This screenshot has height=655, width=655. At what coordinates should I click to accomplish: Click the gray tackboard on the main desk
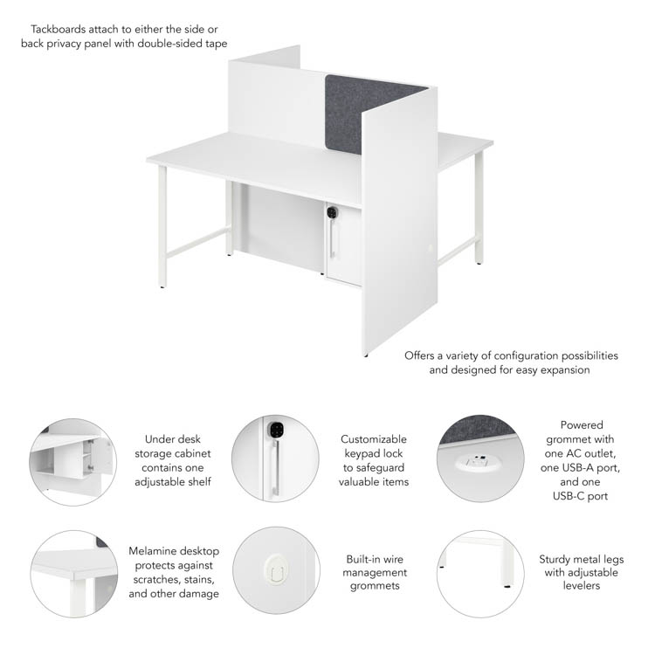[x=359, y=113]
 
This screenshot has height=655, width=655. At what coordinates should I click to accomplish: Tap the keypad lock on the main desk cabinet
[x=332, y=212]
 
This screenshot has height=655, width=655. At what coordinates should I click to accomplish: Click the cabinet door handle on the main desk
[x=332, y=238]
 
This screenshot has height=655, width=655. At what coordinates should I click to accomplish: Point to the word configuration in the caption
[x=526, y=356]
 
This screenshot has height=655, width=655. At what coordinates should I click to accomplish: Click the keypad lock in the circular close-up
[x=276, y=430]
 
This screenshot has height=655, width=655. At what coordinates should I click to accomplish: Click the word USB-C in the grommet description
[x=569, y=496]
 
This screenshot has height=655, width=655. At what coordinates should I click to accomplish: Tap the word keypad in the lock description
[x=359, y=453]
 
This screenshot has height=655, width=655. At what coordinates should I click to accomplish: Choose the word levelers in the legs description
[x=581, y=586]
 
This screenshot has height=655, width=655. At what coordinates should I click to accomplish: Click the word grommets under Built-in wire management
[x=375, y=586]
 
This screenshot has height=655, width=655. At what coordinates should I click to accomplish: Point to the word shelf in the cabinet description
[x=201, y=481]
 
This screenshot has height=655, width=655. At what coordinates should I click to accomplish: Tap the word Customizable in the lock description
[x=374, y=439]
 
